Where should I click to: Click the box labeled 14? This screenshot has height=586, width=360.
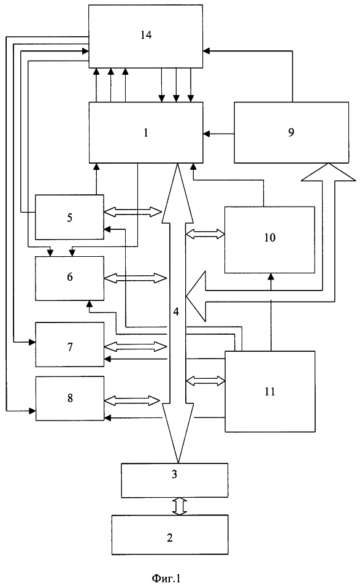146,36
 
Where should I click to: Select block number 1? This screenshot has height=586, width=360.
146,132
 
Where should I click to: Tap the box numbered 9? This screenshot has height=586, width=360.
291,132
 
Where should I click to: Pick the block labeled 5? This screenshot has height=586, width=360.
69,217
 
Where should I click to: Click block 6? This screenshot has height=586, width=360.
69,278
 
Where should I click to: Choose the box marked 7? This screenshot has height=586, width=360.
69,344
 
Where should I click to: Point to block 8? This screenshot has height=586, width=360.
69,398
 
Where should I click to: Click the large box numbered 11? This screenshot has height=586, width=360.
269,391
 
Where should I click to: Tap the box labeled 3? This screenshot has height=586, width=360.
175,480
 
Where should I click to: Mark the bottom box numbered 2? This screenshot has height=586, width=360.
170,535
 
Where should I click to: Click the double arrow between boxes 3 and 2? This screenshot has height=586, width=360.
179,506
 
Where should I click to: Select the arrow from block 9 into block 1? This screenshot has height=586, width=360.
219,133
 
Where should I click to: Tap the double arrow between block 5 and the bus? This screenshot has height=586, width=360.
132,212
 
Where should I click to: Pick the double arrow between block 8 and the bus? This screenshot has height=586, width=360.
132,400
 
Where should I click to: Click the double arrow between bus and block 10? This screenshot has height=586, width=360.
205,234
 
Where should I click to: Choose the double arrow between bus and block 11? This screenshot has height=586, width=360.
205,381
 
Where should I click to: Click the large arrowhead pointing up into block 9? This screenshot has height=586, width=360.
328,172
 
